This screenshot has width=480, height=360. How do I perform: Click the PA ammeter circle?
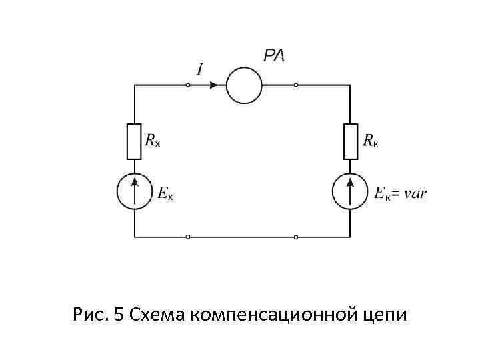tap(244, 85)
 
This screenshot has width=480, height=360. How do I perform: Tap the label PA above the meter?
tap(273, 56)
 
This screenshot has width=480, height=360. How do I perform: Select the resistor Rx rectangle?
tap(135, 141)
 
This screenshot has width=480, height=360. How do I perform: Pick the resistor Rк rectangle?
tap(351, 141)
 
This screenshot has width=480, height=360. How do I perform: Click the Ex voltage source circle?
tap(135, 191)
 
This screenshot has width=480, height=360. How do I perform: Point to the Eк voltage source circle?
tap(351, 191)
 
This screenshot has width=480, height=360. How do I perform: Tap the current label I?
tap(199, 69)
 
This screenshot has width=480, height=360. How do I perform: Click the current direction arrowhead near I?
tap(213, 85)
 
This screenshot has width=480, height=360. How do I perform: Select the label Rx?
tap(153, 141)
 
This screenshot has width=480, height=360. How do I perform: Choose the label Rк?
tap(371, 141)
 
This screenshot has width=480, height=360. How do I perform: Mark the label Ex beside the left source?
tap(165, 194)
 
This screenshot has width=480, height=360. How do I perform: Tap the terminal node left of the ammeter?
tap(188, 85)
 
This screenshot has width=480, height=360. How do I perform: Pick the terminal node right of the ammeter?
tap(296, 85)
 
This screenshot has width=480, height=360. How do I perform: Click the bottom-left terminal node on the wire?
tap(188, 237)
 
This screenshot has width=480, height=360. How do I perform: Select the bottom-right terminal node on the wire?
tap(296, 237)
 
